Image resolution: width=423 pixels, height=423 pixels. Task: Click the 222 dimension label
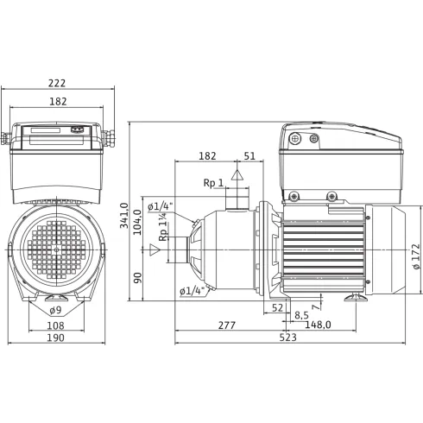coord(57,84)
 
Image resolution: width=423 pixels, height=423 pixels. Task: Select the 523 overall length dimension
coord(291,338)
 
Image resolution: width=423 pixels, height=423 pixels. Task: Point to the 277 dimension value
coord(227,325)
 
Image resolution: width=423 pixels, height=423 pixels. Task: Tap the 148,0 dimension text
coord(319,325)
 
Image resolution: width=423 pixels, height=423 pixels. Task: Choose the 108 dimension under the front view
coord(56,325)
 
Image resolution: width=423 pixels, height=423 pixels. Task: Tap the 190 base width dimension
coord(56,338)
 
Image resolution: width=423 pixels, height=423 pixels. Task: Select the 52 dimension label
coord(278,307)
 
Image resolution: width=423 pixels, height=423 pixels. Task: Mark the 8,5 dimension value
coord(302,315)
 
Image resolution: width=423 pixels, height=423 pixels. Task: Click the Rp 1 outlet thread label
coord(214,183)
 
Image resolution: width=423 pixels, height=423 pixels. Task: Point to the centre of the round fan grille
coord(57,249)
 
